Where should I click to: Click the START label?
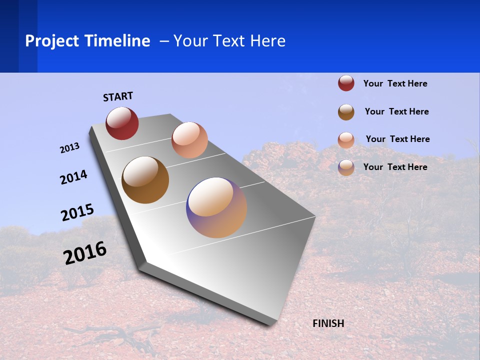(x=118, y=96)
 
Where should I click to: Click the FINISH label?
(x=328, y=323)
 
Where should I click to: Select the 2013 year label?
(x=69, y=148)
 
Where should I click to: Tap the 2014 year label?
(x=73, y=177)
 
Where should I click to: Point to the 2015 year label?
(x=77, y=212)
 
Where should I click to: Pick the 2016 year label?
(x=84, y=253)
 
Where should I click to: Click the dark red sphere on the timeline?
(x=122, y=123)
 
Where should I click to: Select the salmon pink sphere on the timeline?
(x=189, y=140)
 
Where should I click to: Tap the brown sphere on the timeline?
(x=145, y=180)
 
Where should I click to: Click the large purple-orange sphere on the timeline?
(x=216, y=207)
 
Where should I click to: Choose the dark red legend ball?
(x=346, y=83)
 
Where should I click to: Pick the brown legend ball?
(x=346, y=112)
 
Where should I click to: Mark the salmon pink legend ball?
(x=346, y=140)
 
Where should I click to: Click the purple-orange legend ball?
(x=346, y=167)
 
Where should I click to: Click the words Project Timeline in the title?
(x=87, y=41)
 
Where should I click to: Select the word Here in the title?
(x=267, y=41)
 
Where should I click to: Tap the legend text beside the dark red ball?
(x=395, y=84)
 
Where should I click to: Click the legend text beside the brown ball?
(x=396, y=111)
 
